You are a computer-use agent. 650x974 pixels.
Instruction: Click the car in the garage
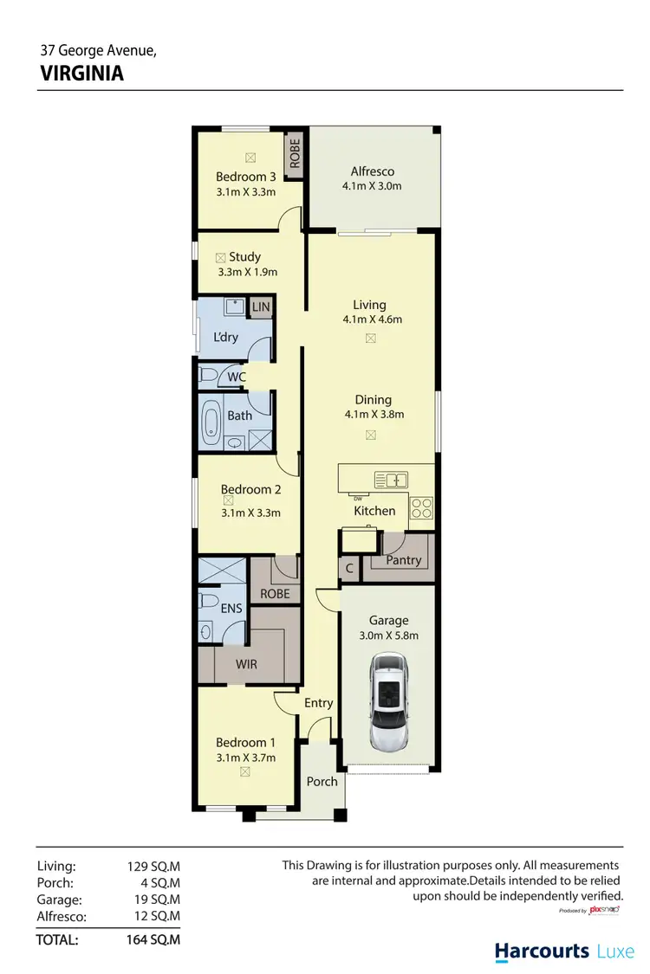(389, 702)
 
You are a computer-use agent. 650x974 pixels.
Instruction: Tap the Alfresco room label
(372, 171)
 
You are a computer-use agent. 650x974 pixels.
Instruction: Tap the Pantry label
(404, 560)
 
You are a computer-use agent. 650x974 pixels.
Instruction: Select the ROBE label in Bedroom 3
(295, 154)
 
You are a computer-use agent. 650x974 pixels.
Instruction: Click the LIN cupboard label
(261, 307)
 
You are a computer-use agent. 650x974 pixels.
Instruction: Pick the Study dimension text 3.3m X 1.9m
(247, 272)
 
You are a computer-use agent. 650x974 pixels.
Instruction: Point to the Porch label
(322, 781)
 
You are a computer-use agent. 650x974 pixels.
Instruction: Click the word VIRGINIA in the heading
(82, 74)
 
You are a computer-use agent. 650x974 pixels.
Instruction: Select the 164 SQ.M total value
(153, 939)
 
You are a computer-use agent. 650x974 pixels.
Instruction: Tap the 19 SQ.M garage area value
(153, 900)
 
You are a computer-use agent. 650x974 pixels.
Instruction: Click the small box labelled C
(349, 570)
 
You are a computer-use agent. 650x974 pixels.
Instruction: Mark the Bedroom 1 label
(246, 742)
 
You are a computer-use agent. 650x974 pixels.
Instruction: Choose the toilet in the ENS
(208, 600)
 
